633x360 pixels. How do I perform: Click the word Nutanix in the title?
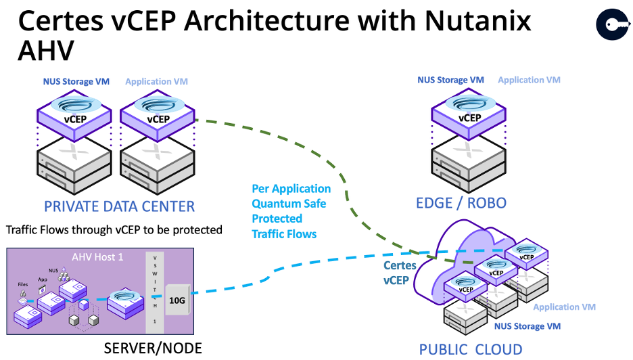pos(473,21)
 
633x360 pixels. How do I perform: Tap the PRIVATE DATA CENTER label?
pos(119,206)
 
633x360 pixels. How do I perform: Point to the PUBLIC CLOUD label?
pos(471,349)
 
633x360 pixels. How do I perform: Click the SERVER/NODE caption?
pos(153,348)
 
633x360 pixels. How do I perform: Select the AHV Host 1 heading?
pos(95,257)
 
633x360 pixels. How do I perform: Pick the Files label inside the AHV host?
pos(23,285)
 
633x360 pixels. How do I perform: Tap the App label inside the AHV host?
pos(42,277)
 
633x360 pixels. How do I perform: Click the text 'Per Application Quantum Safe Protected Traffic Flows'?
pos(291,211)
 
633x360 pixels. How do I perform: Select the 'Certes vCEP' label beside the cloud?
pos(400,272)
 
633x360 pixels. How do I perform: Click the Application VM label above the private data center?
pos(156,82)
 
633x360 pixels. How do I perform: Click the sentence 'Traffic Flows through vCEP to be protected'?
pos(114,230)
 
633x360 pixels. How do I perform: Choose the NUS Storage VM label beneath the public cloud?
pos(528,326)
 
